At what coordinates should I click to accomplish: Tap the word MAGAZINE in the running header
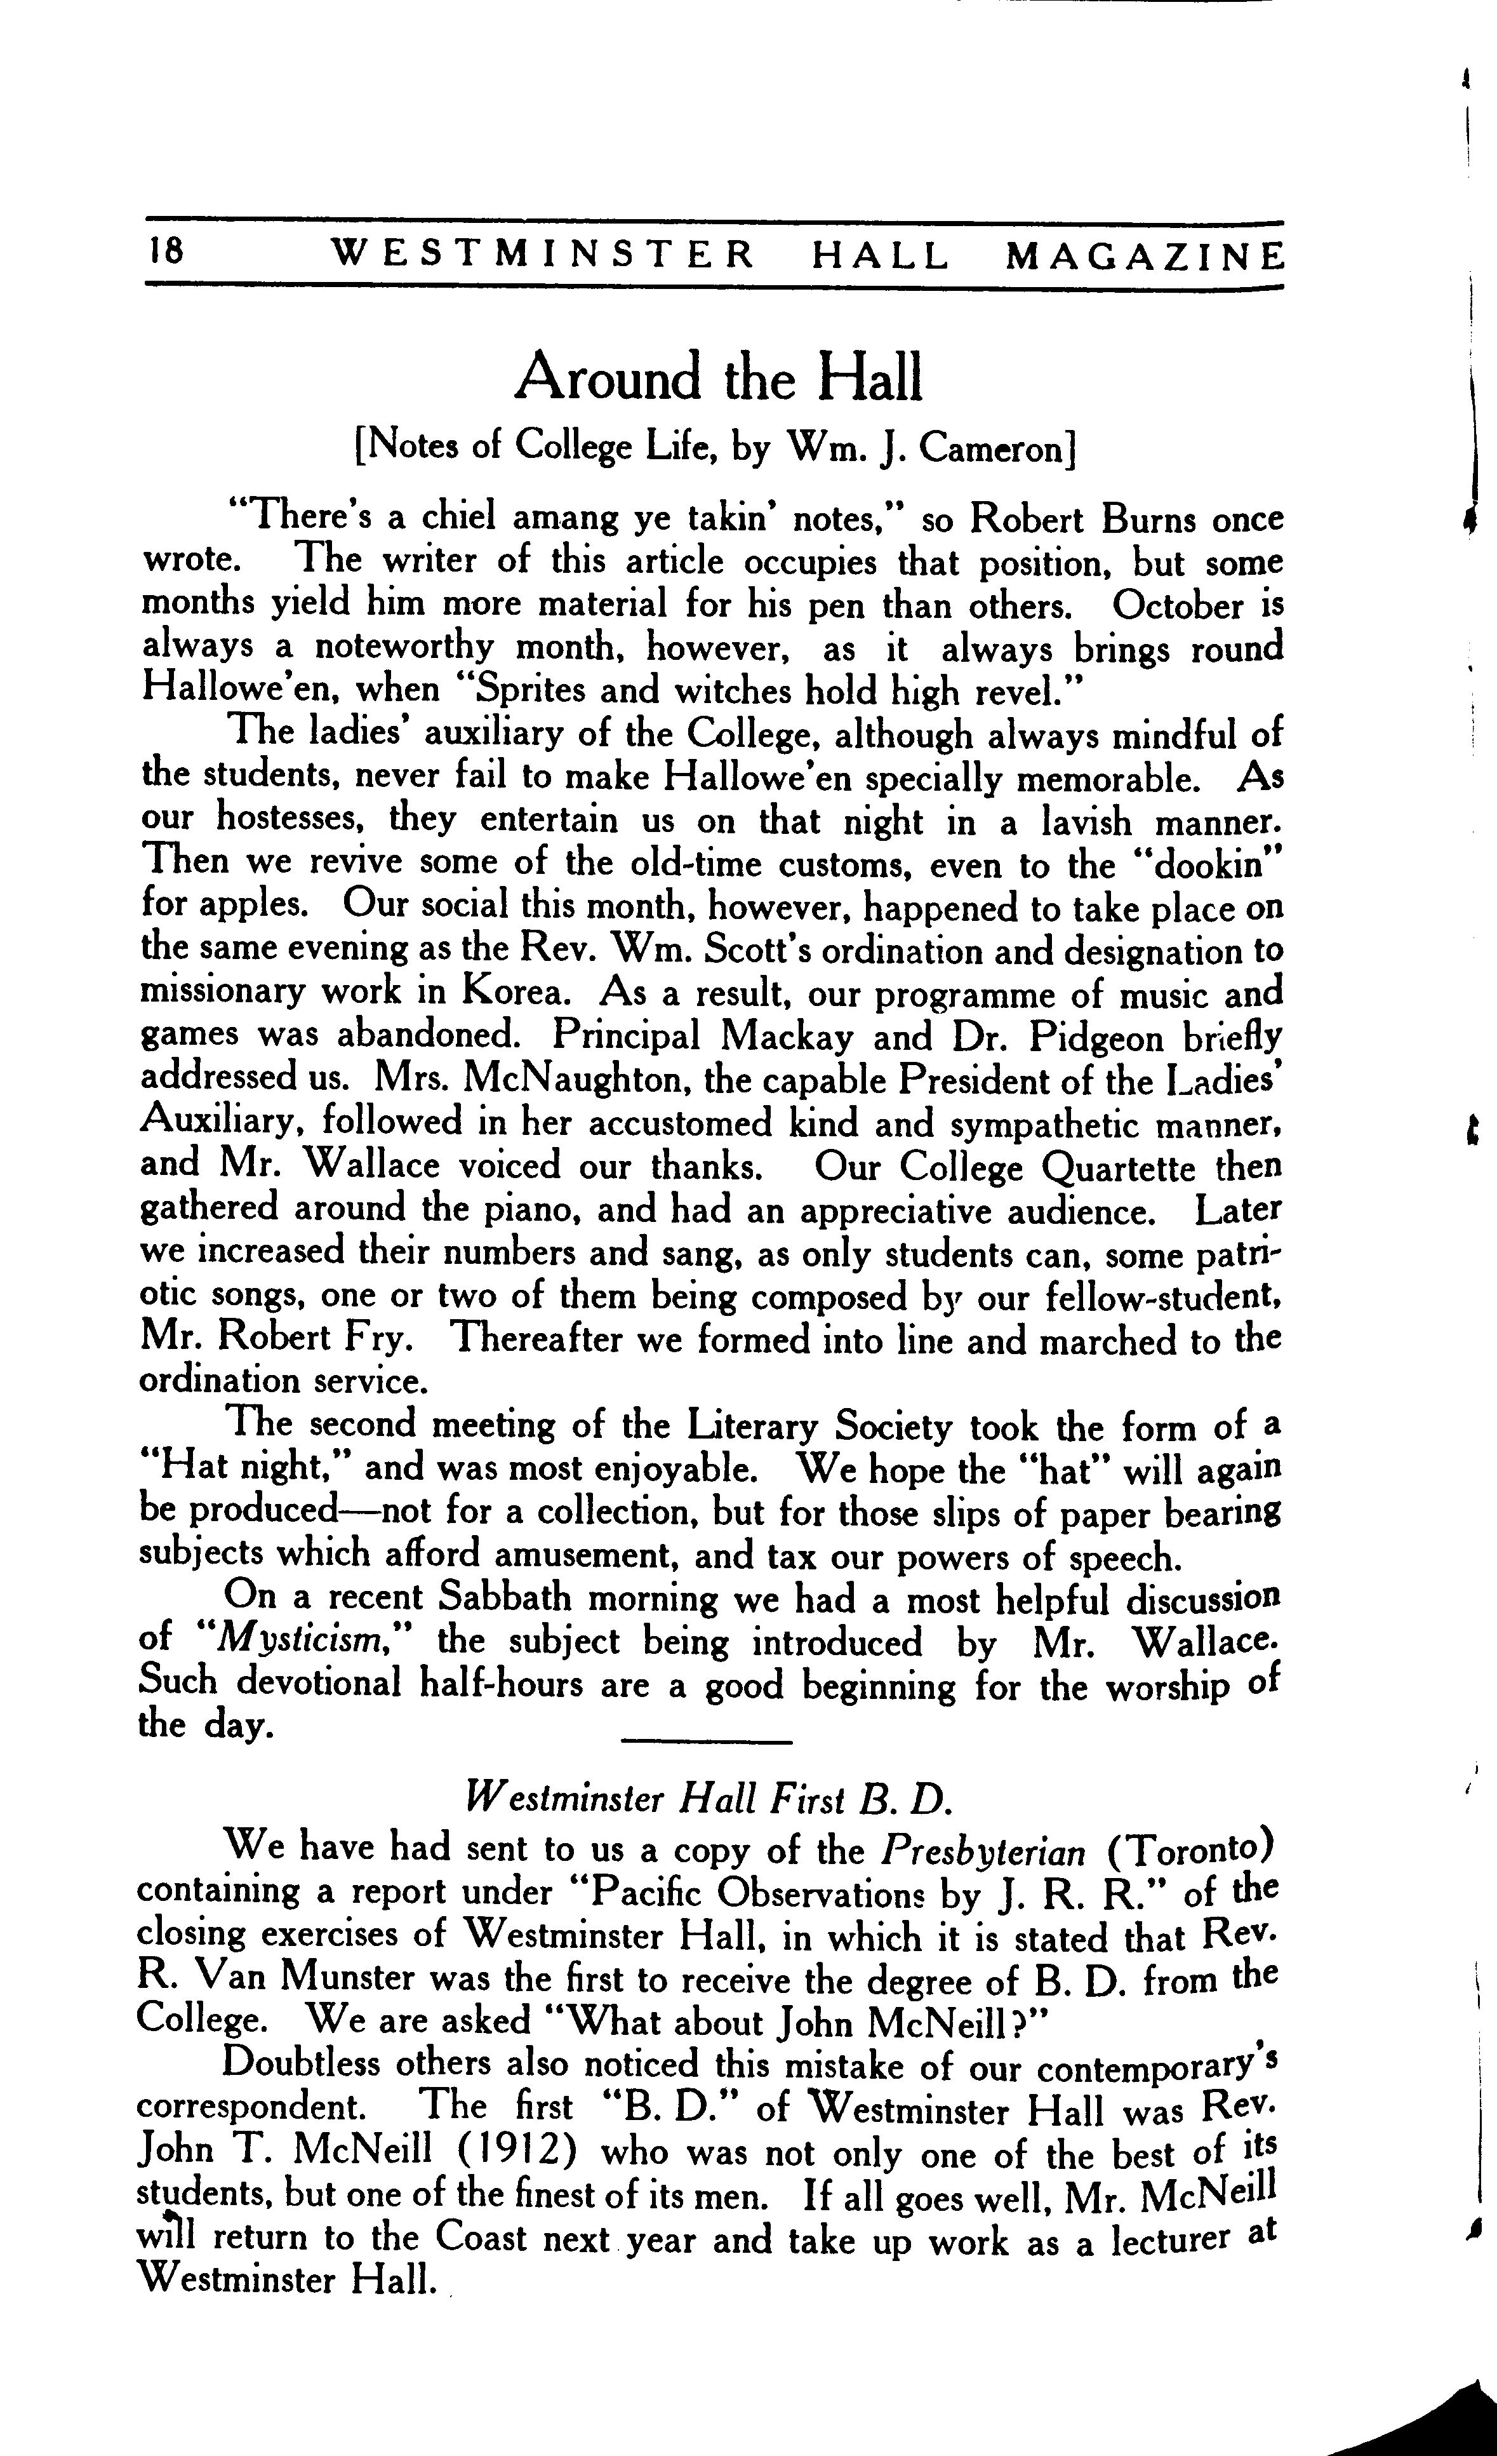tap(1143, 257)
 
